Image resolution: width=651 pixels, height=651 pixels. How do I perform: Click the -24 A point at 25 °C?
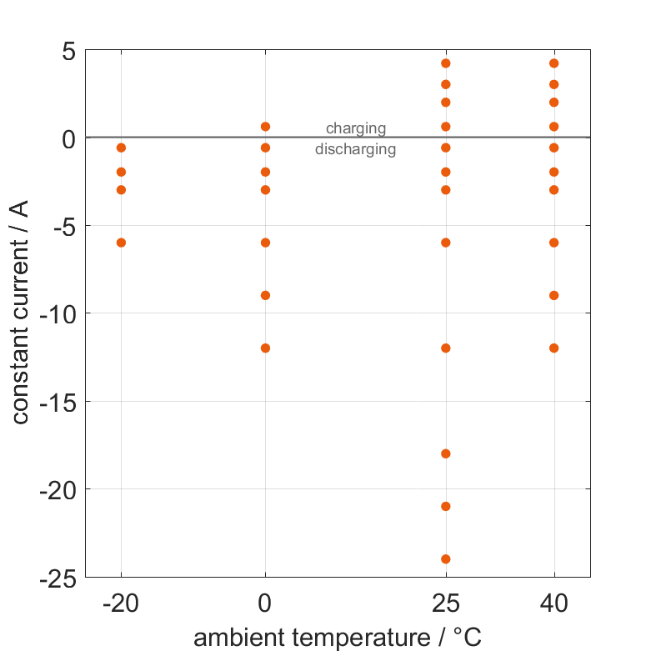tap(446, 559)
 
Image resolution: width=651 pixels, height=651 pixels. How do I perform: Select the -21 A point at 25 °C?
tap(446, 506)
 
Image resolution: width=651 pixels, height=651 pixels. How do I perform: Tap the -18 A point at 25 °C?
tap(446, 453)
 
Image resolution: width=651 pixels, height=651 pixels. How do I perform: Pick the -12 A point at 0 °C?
tap(266, 348)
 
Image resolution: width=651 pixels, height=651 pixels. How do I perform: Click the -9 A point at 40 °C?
tap(554, 295)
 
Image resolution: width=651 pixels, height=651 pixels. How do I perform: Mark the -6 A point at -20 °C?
tap(121, 243)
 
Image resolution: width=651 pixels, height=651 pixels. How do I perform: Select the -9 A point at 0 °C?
tap(266, 295)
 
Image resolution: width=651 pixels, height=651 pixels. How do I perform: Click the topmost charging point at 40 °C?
tap(554, 63)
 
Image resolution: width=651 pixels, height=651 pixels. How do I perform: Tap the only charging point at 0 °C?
tap(266, 127)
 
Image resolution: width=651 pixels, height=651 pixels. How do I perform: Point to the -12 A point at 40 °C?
tap(554, 348)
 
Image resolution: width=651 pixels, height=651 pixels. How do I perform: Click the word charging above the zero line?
tap(356, 128)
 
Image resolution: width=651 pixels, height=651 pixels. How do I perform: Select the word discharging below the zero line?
tap(356, 150)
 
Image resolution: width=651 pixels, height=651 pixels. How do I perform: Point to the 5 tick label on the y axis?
tap(68, 51)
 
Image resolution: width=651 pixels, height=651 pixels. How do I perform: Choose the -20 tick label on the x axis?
tap(121, 604)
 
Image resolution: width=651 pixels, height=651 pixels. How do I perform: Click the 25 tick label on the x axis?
tap(446, 604)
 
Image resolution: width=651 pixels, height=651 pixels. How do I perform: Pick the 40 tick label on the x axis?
tap(554, 604)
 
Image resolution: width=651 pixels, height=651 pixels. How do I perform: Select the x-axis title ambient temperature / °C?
tap(338, 638)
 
